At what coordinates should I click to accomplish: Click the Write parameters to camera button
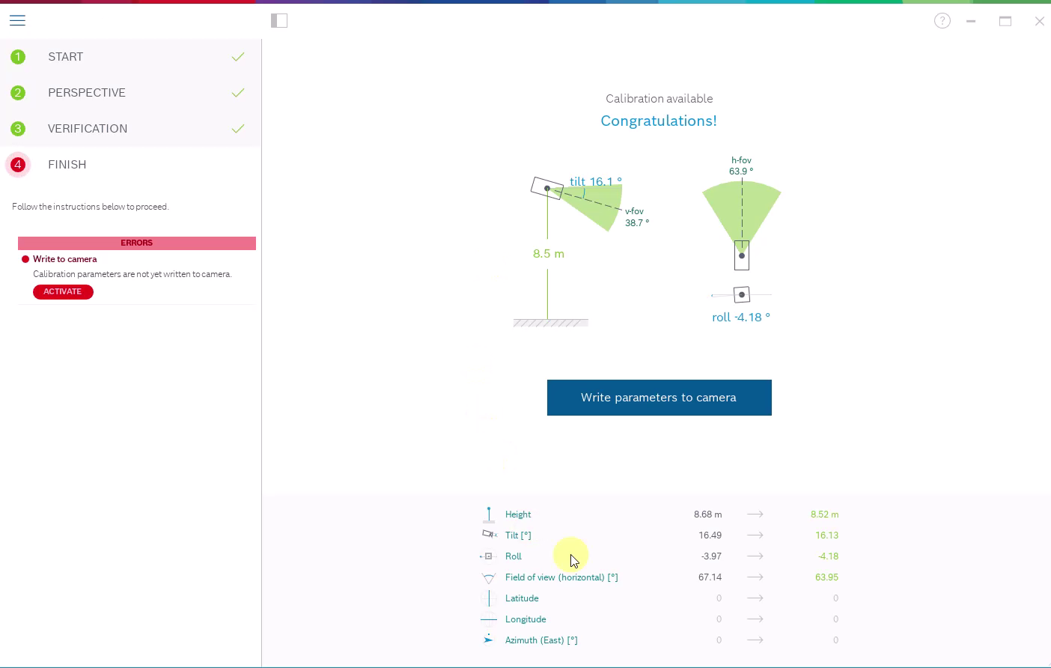coord(659,398)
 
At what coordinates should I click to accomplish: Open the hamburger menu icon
coord(17,21)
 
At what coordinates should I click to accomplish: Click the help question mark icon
coord(942,21)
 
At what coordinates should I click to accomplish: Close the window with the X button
coord(1039,21)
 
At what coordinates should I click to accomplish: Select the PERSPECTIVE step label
coord(87,93)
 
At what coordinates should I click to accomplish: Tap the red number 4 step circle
coord(18,165)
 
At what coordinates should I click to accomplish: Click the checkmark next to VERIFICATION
coord(238,129)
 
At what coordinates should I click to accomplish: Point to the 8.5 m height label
coord(549,254)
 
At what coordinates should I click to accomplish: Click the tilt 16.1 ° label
coord(595,181)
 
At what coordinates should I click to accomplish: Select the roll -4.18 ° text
coord(741,318)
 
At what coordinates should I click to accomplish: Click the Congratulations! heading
coord(659,121)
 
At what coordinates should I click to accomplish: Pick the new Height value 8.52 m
coord(824,514)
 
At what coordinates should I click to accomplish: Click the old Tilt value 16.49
coord(710,535)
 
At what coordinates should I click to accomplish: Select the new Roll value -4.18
coord(828,556)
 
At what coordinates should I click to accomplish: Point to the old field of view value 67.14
coord(710,577)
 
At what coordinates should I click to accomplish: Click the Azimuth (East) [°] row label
coord(541,640)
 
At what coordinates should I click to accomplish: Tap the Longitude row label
coord(525,619)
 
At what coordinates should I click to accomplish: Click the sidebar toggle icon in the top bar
coord(279,21)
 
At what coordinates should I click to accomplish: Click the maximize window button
coord(1005,21)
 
